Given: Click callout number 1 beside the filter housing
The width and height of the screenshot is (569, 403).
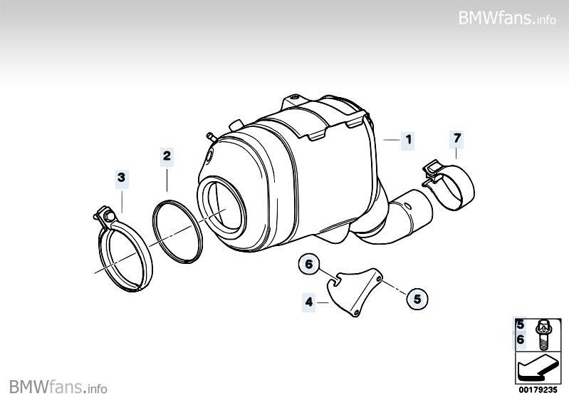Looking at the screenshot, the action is click(x=408, y=140).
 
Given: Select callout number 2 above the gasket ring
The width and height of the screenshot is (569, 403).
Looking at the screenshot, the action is click(x=167, y=156).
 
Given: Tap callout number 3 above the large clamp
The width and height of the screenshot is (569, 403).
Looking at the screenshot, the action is click(x=122, y=178).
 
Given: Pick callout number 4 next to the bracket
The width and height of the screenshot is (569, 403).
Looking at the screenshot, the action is click(x=309, y=302).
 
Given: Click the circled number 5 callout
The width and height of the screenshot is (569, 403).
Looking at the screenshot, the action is click(x=417, y=299).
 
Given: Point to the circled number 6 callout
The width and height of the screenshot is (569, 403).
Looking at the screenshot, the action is click(x=309, y=264).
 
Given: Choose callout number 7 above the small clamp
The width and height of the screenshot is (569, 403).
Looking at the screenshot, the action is click(x=457, y=138).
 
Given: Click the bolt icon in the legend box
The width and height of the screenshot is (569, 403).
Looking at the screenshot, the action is click(x=543, y=334).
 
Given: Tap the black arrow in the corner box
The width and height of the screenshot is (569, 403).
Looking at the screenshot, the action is click(x=538, y=368).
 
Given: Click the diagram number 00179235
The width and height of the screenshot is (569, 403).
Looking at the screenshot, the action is click(x=538, y=390).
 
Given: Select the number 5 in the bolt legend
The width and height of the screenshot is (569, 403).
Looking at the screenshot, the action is click(x=521, y=325).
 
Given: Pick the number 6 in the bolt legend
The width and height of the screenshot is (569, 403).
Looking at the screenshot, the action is click(x=521, y=340).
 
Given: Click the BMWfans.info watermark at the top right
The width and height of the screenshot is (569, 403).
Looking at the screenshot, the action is click(x=507, y=18).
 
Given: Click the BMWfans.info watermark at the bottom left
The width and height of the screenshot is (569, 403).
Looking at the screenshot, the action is click(x=58, y=387).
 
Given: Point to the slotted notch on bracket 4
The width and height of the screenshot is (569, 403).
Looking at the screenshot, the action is click(x=336, y=280).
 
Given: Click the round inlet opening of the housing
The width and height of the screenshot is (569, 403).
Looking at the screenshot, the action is click(x=220, y=207).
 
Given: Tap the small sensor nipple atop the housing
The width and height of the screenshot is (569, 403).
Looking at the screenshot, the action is click(x=211, y=137).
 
